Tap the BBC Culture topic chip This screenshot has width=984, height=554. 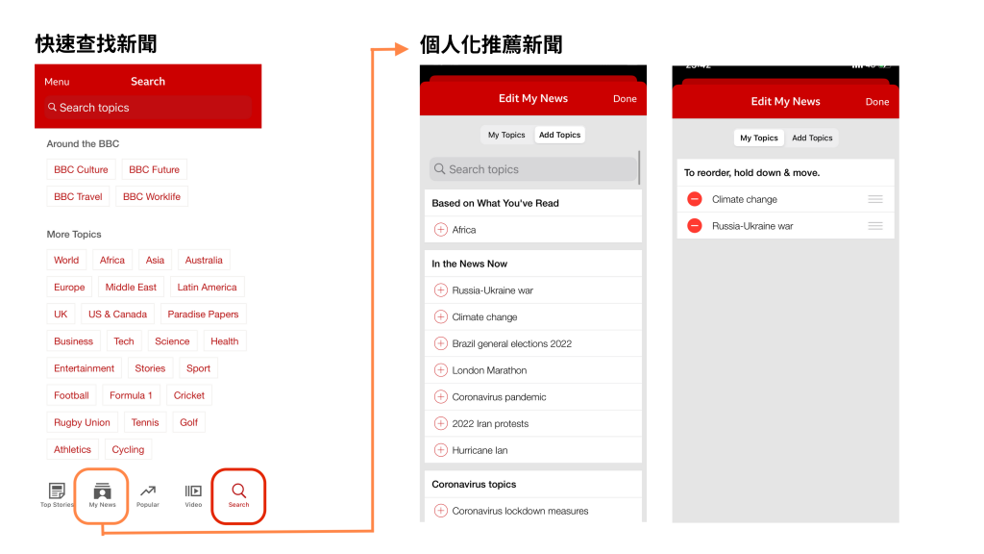[81, 169]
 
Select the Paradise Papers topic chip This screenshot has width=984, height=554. [204, 315]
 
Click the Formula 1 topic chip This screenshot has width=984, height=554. [131, 395]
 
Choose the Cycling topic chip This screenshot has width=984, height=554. [128, 449]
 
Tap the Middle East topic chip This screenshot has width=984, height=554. [131, 287]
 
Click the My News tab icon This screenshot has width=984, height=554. [102, 491]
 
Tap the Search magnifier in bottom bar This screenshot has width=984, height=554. [239, 491]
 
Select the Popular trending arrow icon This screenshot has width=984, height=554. [148, 491]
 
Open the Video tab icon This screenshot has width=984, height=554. [193, 491]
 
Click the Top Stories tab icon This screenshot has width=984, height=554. [57, 491]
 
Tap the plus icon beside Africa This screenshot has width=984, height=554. [441, 230]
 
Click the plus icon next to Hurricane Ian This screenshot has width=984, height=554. [441, 450]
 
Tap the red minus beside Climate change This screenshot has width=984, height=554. [695, 199]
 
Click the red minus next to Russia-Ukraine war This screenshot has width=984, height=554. [695, 225]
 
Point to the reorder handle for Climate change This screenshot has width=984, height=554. [875, 199]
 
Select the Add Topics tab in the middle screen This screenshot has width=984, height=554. [560, 135]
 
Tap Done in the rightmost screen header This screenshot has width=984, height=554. [877, 102]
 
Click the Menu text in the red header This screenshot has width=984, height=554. [57, 82]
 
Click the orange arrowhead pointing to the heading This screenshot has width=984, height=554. [402, 49]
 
